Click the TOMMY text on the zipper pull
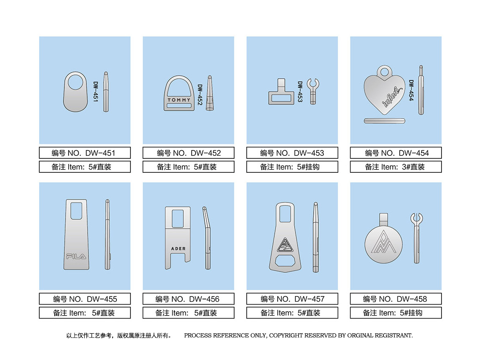(x=179, y=100)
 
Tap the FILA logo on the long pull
(x=76, y=256)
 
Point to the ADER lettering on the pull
(x=179, y=249)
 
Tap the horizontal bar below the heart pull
(x=384, y=121)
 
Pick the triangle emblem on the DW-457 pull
(x=285, y=245)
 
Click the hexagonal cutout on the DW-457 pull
(x=285, y=261)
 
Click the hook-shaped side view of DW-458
(x=417, y=238)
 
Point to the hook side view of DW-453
(x=313, y=91)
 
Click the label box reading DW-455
(x=85, y=299)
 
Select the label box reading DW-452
(x=189, y=153)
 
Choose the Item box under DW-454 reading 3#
(x=396, y=167)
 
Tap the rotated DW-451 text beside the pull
(x=96, y=91)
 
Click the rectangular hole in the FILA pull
(x=76, y=211)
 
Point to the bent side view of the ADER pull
(x=207, y=238)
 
